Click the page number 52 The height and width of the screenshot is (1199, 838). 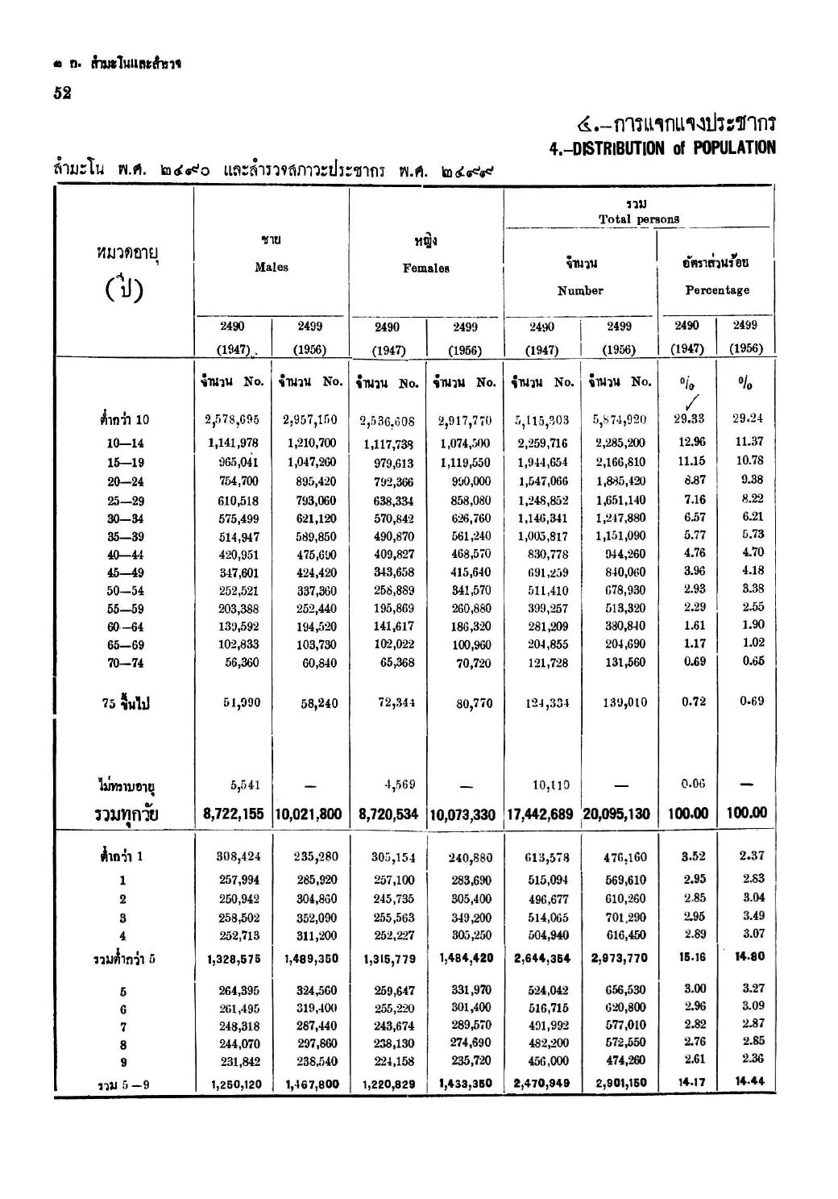tap(62, 93)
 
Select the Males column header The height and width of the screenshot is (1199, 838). tap(272, 267)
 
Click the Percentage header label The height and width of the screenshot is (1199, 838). tap(716, 290)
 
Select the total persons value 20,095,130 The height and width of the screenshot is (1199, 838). tap(616, 815)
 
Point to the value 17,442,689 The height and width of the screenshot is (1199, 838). tap(539, 815)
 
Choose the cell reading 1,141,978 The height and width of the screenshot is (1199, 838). tap(233, 443)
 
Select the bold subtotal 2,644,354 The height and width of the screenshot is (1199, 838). tap(541, 959)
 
